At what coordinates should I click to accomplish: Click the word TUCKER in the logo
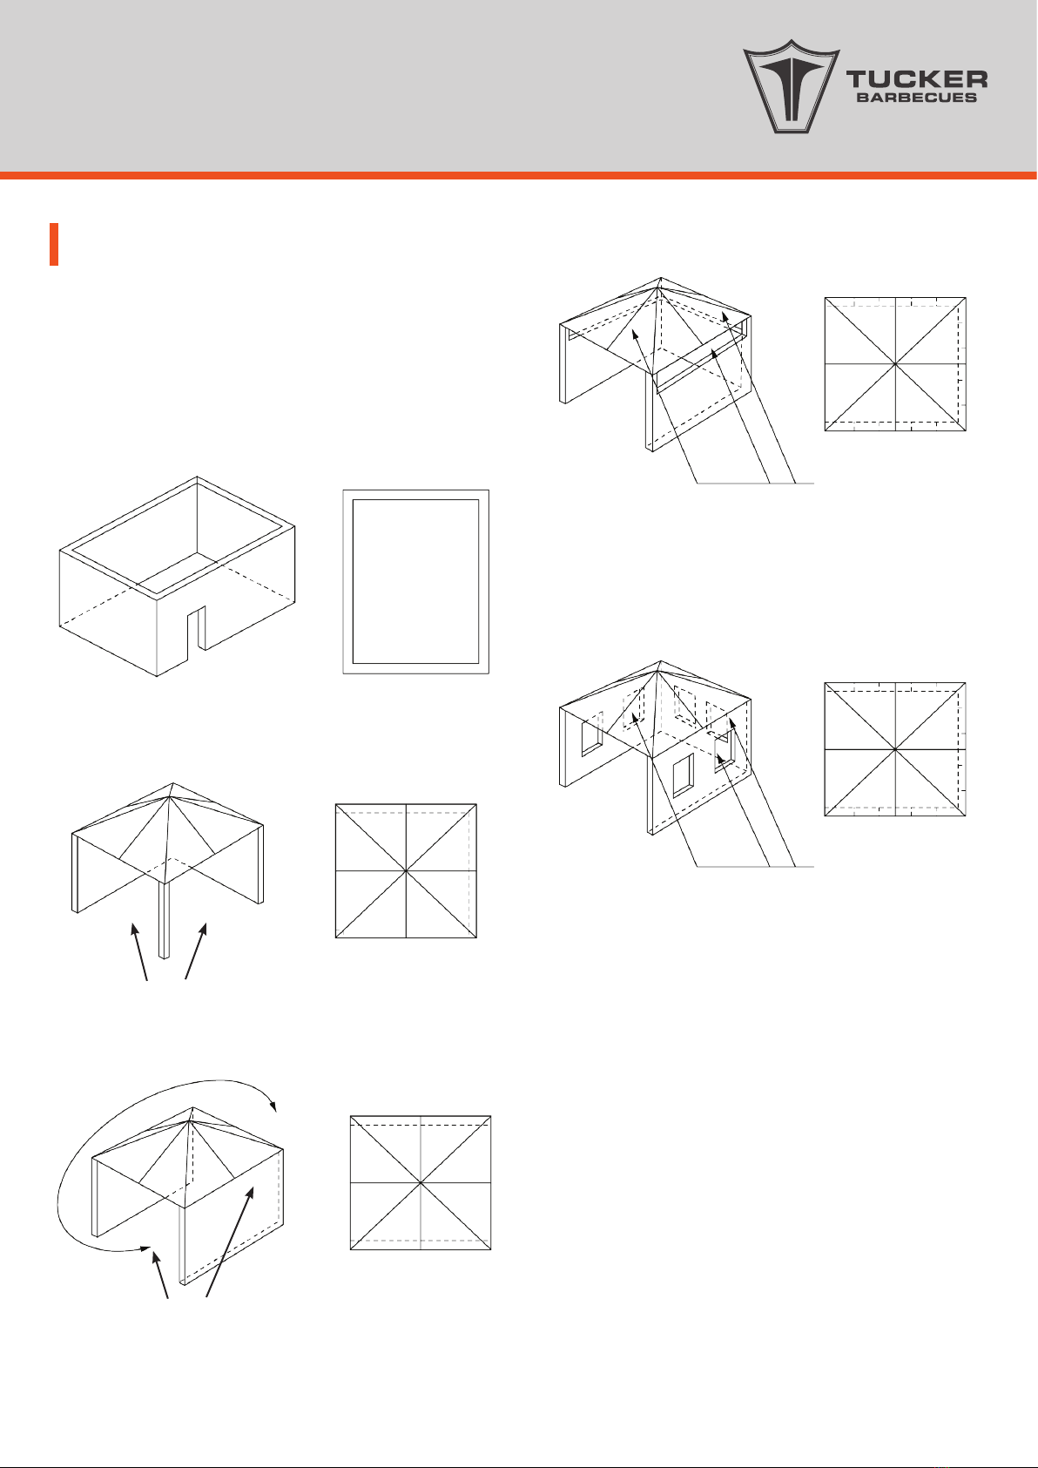[x=917, y=80]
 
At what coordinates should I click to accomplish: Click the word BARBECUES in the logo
[x=917, y=98]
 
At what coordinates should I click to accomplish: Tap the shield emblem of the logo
[x=791, y=86]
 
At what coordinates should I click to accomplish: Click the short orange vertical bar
[x=54, y=245]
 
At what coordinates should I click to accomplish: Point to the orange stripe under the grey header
[x=519, y=175]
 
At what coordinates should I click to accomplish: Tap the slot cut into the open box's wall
[x=197, y=630]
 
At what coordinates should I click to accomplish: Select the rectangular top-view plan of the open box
[x=416, y=581]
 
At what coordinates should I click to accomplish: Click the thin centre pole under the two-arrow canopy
[x=165, y=920]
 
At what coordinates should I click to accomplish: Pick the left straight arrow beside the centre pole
[x=139, y=951]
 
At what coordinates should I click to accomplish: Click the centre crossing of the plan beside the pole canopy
[x=406, y=871]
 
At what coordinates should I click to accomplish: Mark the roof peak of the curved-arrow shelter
[x=192, y=1107]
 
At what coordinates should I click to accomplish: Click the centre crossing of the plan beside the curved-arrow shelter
[x=421, y=1182]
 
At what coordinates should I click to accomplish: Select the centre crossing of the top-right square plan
[x=895, y=363]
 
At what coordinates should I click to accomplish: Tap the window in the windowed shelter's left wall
[x=592, y=734]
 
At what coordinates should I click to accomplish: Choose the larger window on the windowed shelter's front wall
[x=683, y=775]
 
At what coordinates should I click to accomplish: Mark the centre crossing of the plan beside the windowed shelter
[x=895, y=749]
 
